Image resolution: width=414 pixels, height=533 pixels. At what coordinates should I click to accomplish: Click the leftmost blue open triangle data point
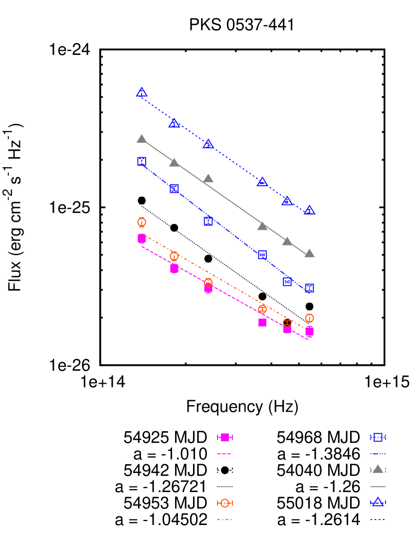(142, 93)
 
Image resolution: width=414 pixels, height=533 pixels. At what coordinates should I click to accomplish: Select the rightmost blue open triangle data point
(309, 211)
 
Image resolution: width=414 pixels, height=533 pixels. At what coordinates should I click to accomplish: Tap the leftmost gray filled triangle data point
(142, 139)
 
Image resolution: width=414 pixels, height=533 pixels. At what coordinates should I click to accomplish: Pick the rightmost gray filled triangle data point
(309, 254)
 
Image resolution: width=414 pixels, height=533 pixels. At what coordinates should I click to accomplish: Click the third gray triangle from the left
(208, 179)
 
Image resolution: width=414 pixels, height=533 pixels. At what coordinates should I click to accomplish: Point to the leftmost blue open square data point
(142, 161)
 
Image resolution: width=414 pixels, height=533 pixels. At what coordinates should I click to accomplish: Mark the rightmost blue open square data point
(309, 288)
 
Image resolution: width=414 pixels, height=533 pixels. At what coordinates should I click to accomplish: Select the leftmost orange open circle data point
(142, 222)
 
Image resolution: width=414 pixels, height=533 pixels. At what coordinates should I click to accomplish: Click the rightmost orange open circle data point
(309, 318)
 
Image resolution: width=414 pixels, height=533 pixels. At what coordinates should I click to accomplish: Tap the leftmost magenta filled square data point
(142, 239)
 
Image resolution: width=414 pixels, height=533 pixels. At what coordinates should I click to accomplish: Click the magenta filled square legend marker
(225, 437)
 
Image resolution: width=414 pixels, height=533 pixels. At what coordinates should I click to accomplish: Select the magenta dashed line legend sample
(225, 454)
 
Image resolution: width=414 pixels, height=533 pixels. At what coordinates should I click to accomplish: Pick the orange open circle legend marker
(225, 503)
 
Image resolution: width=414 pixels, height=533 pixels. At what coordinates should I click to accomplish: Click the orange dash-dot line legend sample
(224, 519)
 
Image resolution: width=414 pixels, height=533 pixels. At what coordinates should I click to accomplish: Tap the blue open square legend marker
(378, 437)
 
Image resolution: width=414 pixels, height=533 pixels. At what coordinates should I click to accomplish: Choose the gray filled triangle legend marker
(378, 469)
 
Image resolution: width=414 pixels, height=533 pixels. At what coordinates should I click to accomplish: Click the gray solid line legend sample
(378, 486)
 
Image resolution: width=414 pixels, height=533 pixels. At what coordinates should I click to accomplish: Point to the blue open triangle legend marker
(378, 502)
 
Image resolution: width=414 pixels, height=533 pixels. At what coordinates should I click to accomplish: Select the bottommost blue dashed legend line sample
(378, 519)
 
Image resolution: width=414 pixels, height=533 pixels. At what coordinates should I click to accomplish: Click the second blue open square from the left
(174, 189)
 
